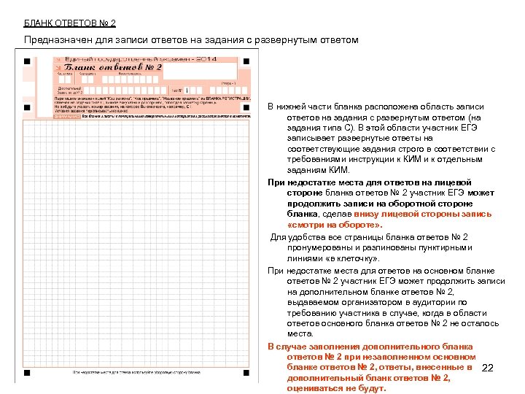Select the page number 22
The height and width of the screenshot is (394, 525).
pos(489,368)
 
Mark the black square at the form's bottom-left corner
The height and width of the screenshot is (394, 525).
pos(26,372)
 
